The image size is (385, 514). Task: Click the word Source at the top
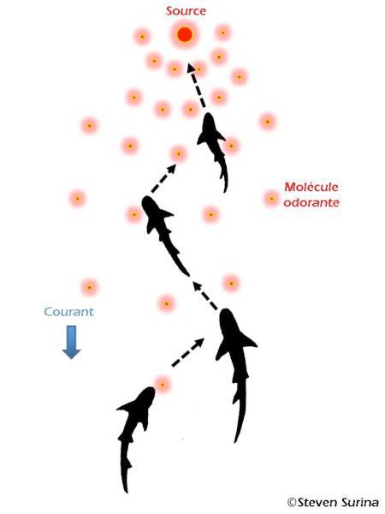coord(186,11)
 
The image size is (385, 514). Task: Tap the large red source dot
coord(185,34)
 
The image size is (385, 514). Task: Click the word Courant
coord(68,312)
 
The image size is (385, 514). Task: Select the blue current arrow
coord(71,342)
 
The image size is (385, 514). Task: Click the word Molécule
coord(311,187)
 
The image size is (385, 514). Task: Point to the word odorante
coord(311,202)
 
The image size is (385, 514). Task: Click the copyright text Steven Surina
coord(338,502)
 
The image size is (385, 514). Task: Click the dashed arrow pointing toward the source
coord(197,85)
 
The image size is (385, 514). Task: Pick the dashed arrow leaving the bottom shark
coord(188,352)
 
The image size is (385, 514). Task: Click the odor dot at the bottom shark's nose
coord(163,384)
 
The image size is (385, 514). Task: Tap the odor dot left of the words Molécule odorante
coord(271,199)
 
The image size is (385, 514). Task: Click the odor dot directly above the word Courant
coord(89,288)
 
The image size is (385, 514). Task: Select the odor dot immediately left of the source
coord(142,37)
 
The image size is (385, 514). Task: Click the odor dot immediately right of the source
coord(223,33)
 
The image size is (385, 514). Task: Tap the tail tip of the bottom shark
coord(126,491)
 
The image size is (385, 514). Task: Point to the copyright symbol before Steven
coord(292,502)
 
